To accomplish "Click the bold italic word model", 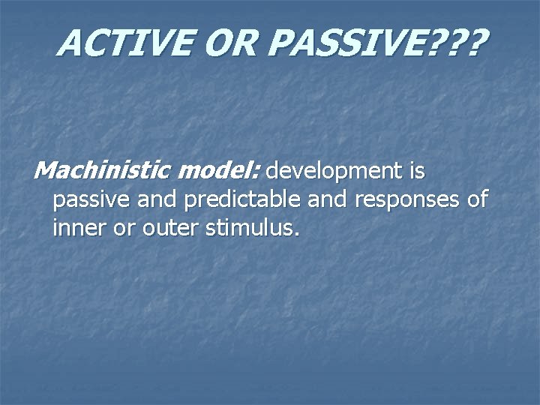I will (217, 172).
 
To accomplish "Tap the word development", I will (334, 172).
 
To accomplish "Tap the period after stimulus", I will (297, 233).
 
